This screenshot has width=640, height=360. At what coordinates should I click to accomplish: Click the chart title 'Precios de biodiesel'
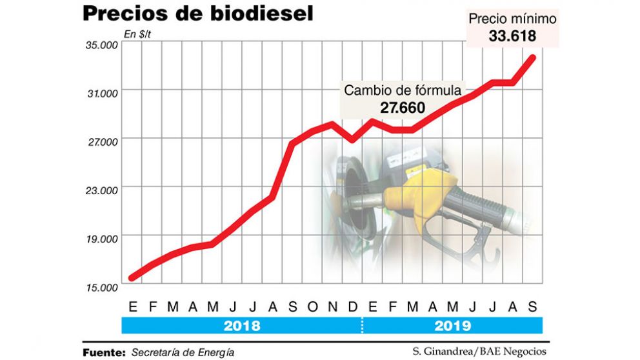pyautogui.click(x=197, y=14)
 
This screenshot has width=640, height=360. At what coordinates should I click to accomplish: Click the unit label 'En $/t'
pyautogui.click(x=137, y=34)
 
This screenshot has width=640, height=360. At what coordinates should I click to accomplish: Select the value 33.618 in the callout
pyautogui.click(x=512, y=37)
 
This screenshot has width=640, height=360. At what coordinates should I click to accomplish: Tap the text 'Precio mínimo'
pyautogui.click(x=512, y=19)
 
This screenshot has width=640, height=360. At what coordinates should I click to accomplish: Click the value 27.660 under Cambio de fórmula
pyautogui.click(x=402, y=108)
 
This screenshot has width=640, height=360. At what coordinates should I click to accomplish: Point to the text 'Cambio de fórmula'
pyautogui.click(x=402, y=90)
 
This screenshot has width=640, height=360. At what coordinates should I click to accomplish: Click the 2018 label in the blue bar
pyautogui.click(x=242, y=325)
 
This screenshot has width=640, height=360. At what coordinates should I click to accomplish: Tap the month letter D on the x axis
pyautogui.click(x=353, y=306)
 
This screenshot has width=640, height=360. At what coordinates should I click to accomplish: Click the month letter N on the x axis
pyautogui.click(x=332, y=306)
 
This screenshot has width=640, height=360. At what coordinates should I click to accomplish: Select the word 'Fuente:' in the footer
pyautogui.click(x=104, y=352)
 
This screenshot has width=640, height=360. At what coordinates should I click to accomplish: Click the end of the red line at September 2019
pyautogui.click(x=533, y=57)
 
